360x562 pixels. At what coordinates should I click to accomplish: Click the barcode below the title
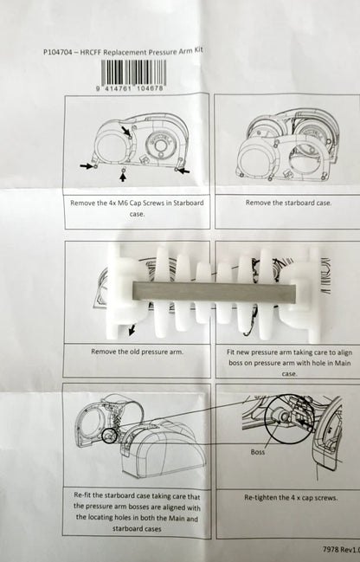click(x=133, y=72)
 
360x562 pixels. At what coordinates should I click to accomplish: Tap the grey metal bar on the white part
click(x=215, y=292)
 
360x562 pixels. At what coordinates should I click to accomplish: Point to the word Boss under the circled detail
click(x=258, y=452)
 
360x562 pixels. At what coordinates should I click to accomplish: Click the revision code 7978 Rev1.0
click(x=341, y=549)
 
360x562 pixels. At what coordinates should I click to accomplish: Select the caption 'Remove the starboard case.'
click(x=288, y=203)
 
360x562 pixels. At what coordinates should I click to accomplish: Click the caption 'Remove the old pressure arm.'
click(x=137, y=352)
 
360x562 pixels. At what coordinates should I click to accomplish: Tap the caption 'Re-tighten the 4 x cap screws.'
click(x=291, y=497)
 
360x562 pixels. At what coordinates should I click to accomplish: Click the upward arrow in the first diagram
click(x=123, y=177)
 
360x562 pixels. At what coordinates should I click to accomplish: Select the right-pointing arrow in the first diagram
click(x=87, y=165)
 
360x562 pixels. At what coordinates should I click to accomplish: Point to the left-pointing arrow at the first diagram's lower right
click(x=183, y=171)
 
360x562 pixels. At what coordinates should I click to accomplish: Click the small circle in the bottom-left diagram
click(x=109, y=436)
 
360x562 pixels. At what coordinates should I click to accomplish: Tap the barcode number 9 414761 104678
click(x=130, y=87)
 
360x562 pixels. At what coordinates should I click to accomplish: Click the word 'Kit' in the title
click(x=197, y=50)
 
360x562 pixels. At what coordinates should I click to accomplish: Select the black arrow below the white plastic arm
click(x=132, y=330)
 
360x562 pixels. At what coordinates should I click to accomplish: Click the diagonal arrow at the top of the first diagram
click(x=126, y=131)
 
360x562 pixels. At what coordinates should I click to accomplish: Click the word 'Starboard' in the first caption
click(x=189, y=203)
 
